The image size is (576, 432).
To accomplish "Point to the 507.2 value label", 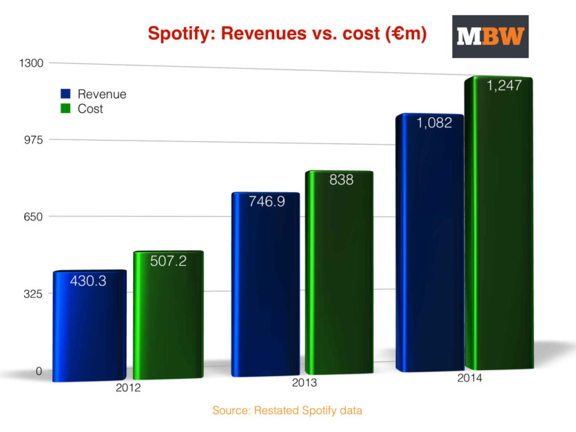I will click(x=168, y=262).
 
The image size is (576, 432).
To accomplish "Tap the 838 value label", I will click(x=341, y=181).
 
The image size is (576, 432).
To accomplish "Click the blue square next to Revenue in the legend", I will click(x=66, y=94).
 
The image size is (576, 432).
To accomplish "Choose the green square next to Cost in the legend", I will click(x=66, y=108).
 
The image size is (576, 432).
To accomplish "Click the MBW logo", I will click(x=490, y=37).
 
